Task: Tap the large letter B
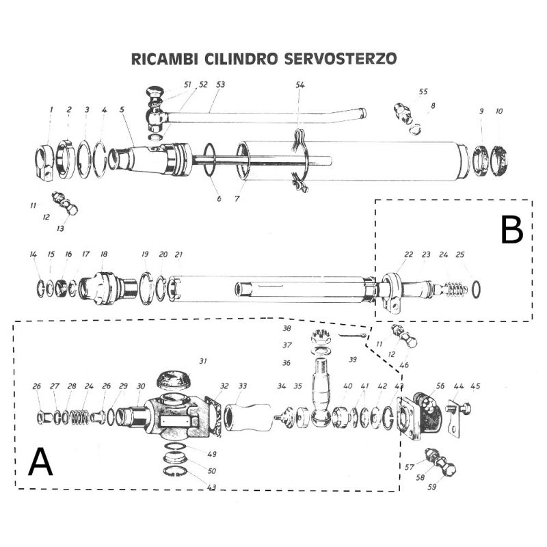tap(512, 231)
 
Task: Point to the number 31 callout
tap(202, 360)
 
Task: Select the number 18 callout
tap(104, 254)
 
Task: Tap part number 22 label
tap(409, 254)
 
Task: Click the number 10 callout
tap(499, 111)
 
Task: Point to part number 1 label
tap(51, 109)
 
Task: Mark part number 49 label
tap(212, 454)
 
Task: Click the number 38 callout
tap(287, 329)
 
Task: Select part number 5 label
tap(122, 109)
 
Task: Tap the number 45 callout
tap(475, 386)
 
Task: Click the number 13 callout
tap(59, 229)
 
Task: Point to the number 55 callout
tap(423, 92)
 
